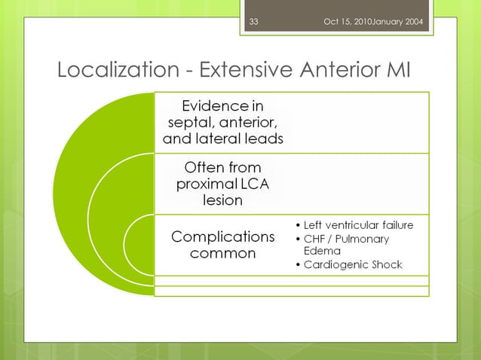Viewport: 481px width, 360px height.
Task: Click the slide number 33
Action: pos(253,21)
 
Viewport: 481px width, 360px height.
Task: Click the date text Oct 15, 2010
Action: pos(348,21)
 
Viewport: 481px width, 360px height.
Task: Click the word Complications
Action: pos(222,236)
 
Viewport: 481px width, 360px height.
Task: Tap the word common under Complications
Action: pos(222,254)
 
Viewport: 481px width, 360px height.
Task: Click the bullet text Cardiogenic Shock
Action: pos(352,265)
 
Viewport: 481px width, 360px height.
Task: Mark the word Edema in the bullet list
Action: pos(322,251)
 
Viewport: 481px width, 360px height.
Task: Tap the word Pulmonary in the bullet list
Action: pos(364,239)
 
